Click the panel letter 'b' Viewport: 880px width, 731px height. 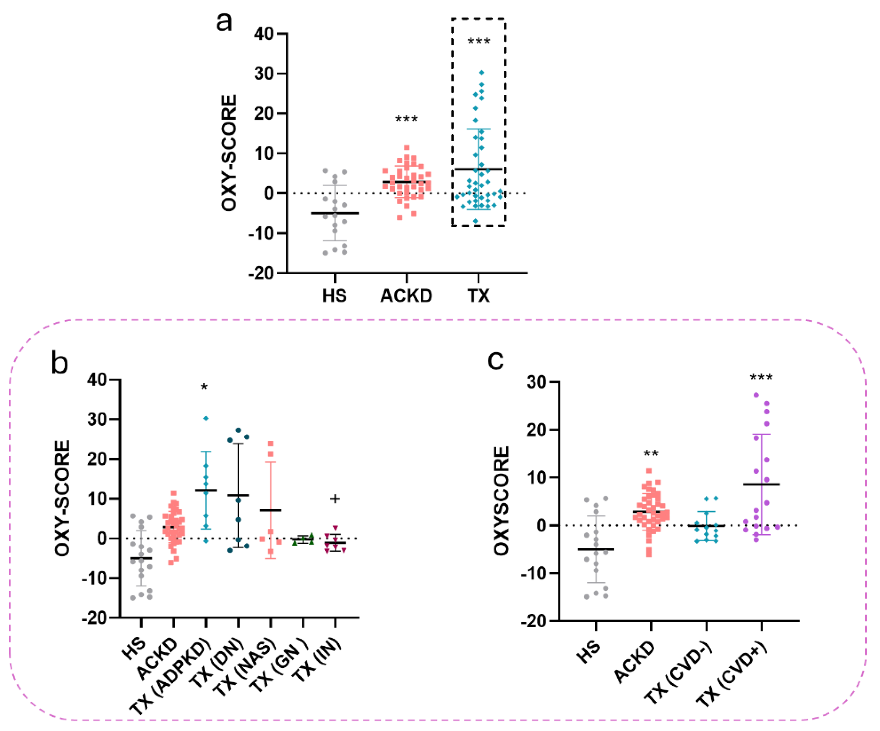click(60, 363)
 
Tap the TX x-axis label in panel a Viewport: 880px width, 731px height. click(479, 296)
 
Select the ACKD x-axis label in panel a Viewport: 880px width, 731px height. click(406, 296)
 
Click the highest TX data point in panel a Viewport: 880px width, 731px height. click(482, 73)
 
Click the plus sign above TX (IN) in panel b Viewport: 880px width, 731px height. click(335, 499)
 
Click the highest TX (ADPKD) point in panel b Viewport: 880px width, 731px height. click(206, 419)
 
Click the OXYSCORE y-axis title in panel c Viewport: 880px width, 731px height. click(501, 501)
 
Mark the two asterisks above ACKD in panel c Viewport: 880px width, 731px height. click(651, 454)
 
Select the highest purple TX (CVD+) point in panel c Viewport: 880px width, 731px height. click(756, 395)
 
